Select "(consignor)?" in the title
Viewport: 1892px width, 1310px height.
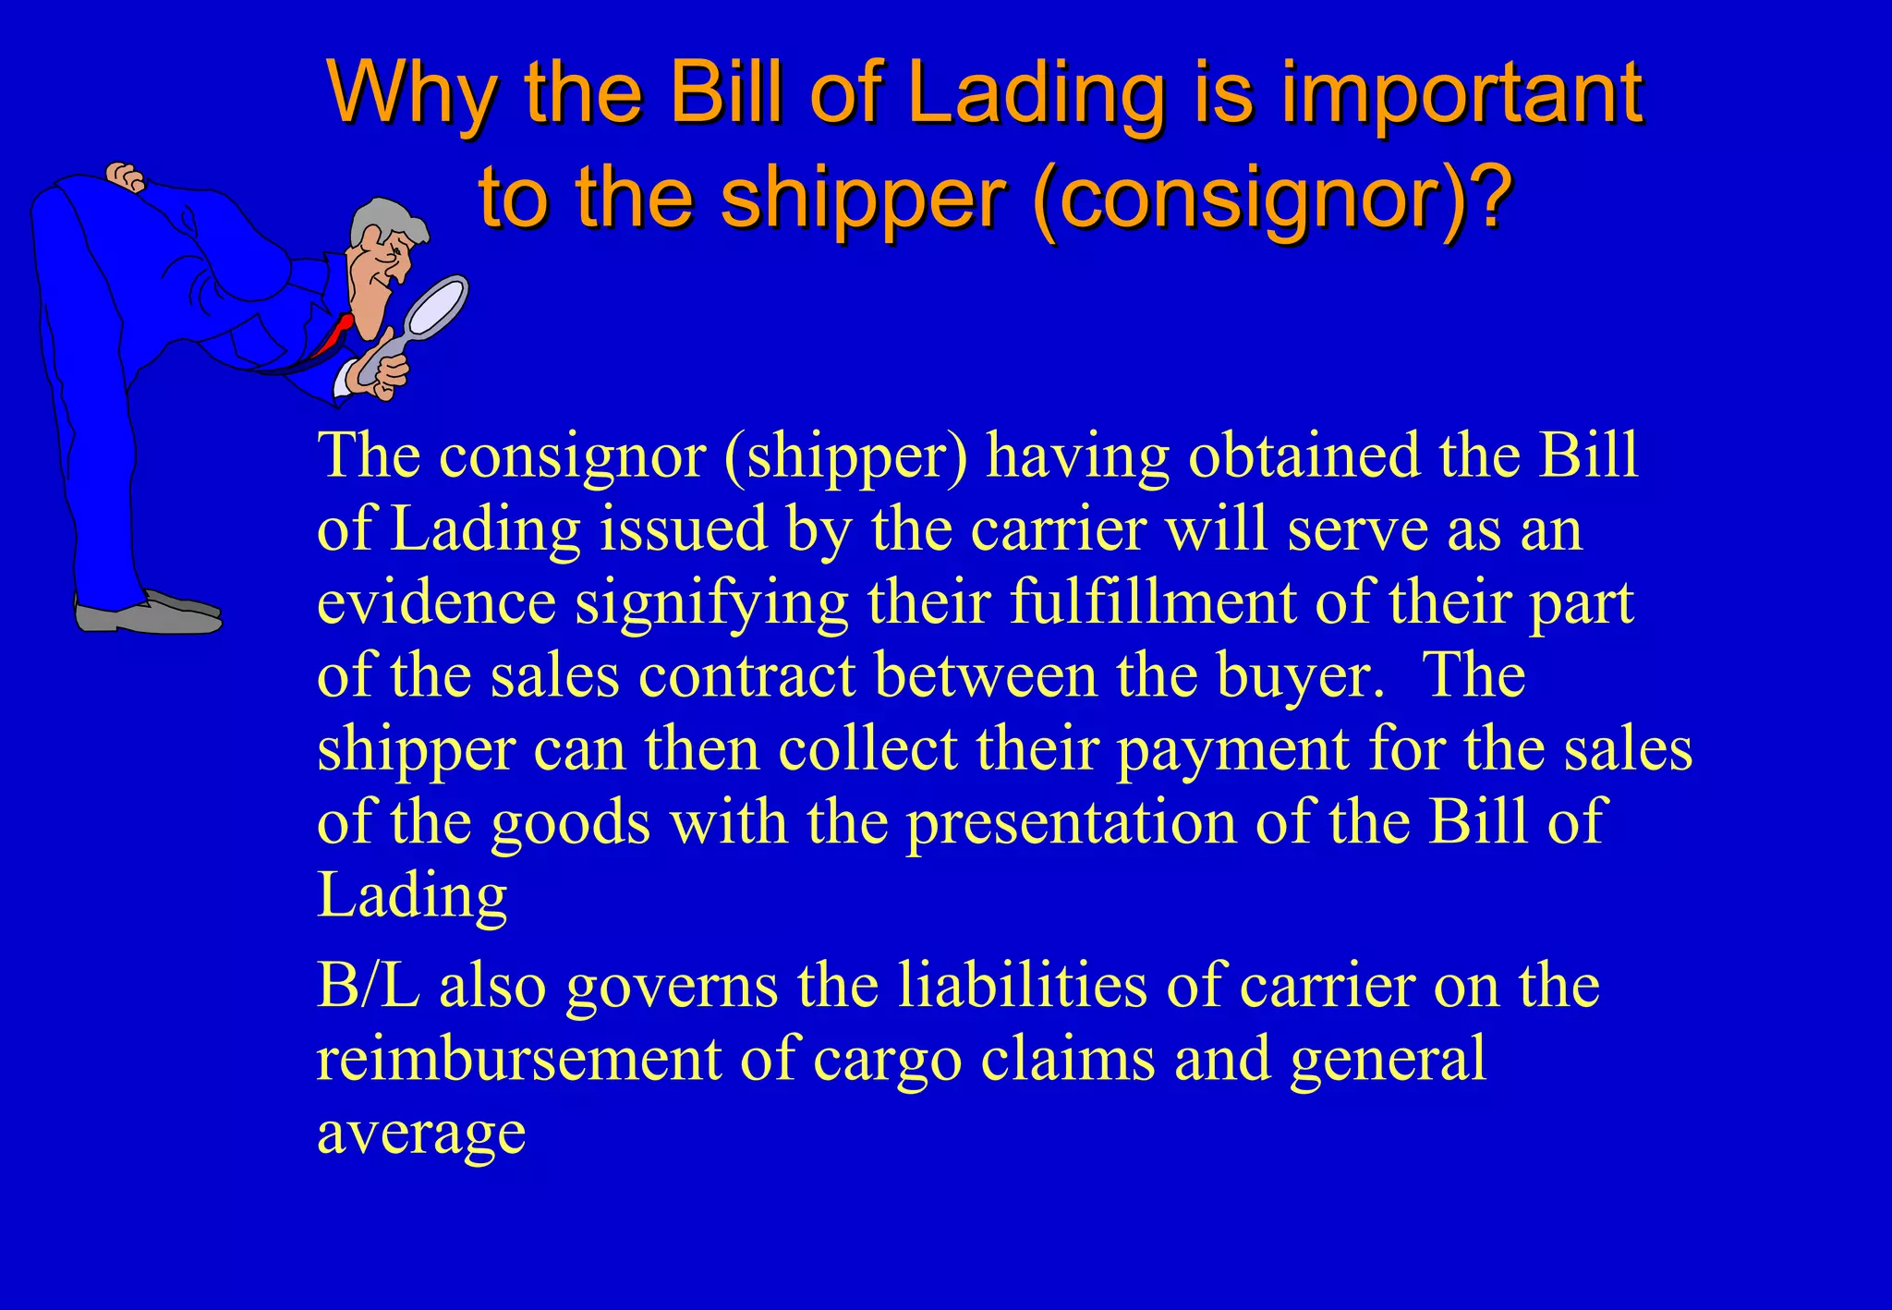1275,200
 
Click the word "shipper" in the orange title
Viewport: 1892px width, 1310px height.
862,200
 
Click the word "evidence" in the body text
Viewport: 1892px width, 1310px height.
436,602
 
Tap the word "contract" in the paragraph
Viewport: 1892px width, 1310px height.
746,675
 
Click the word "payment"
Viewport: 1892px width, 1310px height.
1232,749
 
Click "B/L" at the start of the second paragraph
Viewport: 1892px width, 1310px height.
368,986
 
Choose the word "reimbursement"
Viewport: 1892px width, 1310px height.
518,1059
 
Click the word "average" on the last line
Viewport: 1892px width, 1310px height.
421,1134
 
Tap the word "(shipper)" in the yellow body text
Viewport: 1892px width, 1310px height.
846,456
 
